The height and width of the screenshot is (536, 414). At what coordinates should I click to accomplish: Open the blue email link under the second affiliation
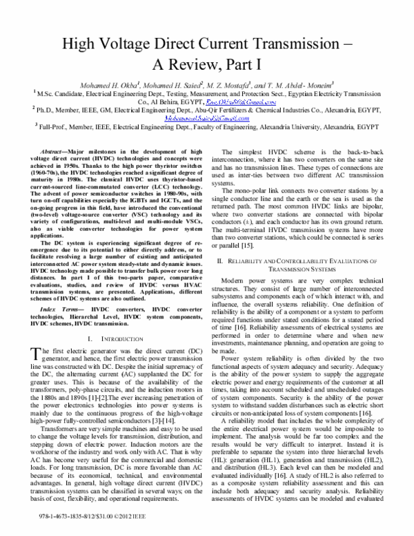[x=206, y=118]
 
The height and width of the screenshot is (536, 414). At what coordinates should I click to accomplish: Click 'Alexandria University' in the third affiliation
[x=287, y=127]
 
